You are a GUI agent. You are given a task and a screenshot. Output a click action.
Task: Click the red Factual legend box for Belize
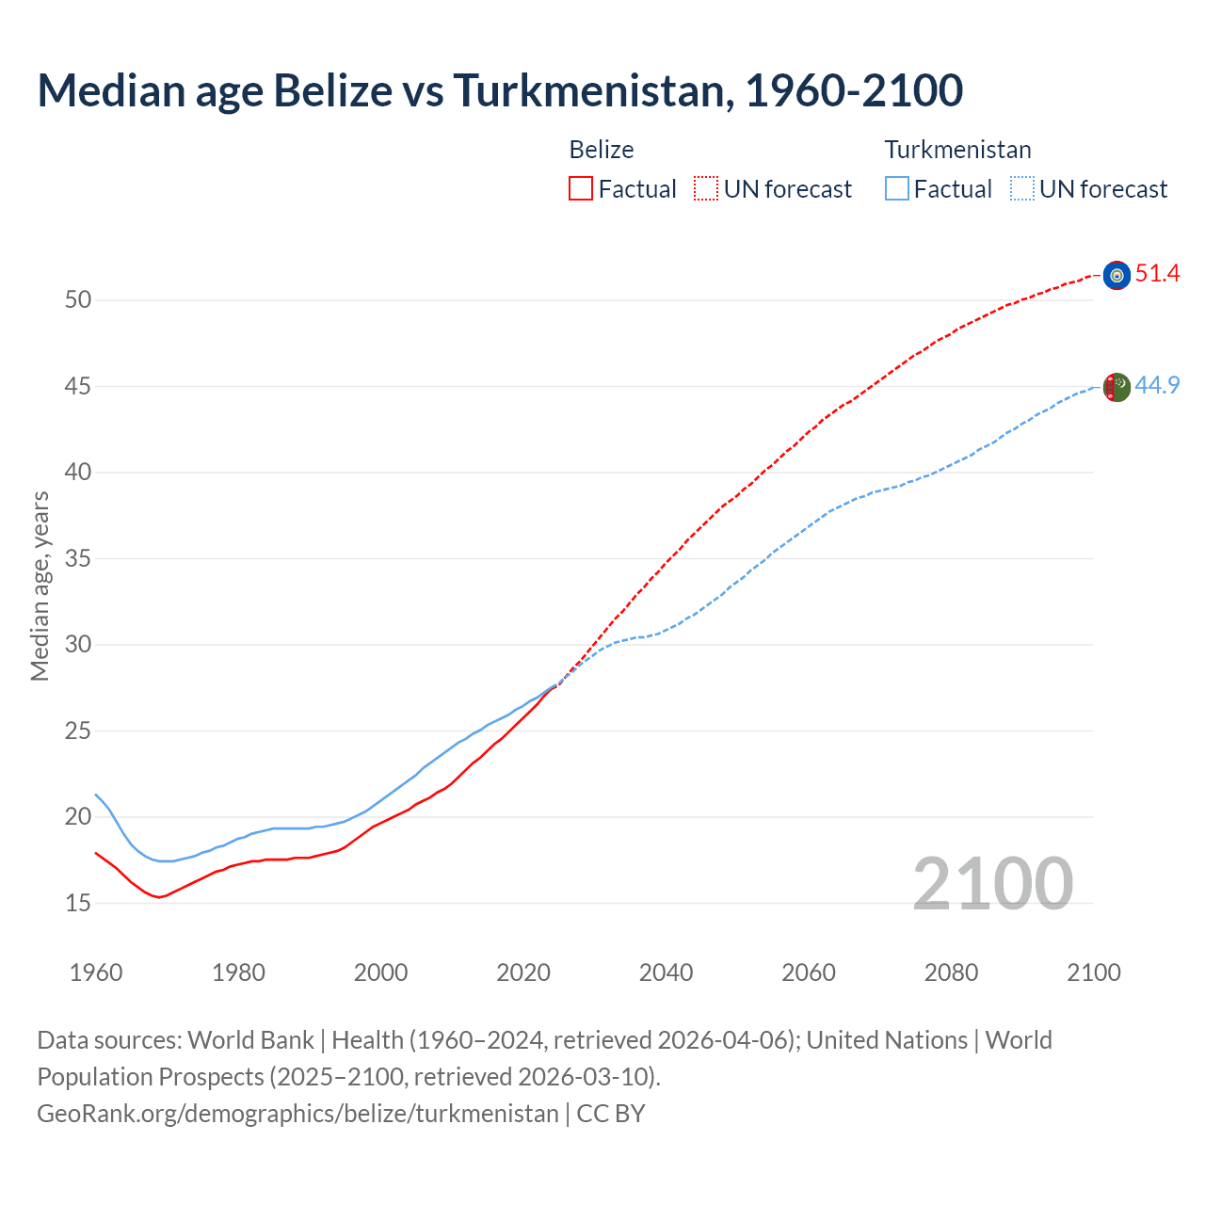pos(581,189)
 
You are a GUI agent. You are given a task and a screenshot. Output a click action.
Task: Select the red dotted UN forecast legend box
pos(706,189)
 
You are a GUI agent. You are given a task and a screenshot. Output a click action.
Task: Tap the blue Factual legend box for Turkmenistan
pos(897,189)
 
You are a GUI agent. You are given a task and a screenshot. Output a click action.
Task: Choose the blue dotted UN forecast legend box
pos(1022,189)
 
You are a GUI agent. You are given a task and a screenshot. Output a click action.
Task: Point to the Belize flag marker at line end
pos(1117,275)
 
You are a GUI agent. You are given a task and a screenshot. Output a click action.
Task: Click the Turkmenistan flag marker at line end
pos(1117,387)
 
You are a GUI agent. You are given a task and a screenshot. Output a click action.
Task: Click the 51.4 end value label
pos(1157,274)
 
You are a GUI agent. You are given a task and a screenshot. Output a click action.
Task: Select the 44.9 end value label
pos(1157,386)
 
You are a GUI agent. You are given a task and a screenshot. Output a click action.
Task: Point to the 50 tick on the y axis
pos(78,300)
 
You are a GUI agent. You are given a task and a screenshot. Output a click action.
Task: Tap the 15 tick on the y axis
pos(78,903)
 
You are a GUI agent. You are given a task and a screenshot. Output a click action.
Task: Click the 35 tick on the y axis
pos(78,559)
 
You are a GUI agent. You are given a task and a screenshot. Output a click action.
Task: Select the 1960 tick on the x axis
pos(96,972)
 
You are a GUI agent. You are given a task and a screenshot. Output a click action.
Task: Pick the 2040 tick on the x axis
pos(666,972)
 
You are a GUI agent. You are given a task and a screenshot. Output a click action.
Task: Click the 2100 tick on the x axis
pos(1093,972)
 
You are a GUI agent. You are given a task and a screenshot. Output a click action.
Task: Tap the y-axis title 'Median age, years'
pos(40,586)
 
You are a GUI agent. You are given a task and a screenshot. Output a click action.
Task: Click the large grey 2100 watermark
pos(992,883)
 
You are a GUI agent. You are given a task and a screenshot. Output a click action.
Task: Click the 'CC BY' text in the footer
pos(611,1114)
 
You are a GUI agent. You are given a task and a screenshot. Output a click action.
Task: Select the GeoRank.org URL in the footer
pos(297,1114)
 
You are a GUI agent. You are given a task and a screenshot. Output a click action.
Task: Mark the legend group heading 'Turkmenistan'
pos(957,150)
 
